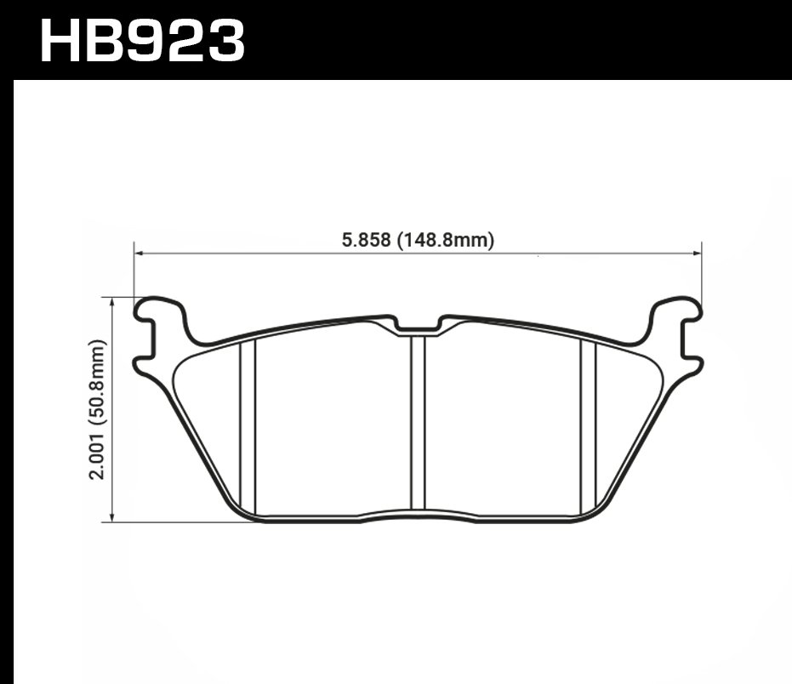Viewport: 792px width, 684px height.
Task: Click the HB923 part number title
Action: pyautogui.click(x=142, y=41)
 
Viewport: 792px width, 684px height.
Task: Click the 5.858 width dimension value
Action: pyautogui.click(x=366, y=241)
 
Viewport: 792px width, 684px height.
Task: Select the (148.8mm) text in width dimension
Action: pyautogui.click(x=444, y=241)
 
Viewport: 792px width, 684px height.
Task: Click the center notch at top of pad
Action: pyautogui.click(x=418, y=326)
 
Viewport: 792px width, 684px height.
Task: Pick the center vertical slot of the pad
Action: pyautogui.click(x=418, y=421)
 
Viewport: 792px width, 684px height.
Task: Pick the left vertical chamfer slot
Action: pyautogui.click(x=248, y=425)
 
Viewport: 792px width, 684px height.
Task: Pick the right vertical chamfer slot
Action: pyautogui.click(x=588, y=425)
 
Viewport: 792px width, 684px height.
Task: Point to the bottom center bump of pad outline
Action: pyautogui.click(x=418, y=515)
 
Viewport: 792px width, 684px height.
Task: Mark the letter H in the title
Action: pyautogui.click(x=64, y=41)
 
